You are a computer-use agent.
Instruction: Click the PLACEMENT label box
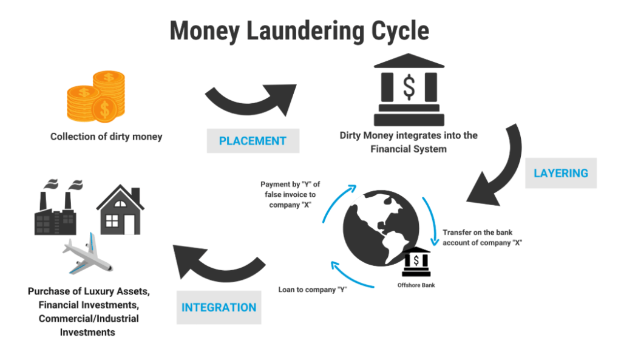click(x=253, y=141)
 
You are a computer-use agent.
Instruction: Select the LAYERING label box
click(x=560, y=173)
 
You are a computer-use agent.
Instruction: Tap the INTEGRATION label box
click(x=219, y=308)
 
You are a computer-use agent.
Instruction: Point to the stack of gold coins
click(x=97, y=97)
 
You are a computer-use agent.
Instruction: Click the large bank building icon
click(x=409, y=91)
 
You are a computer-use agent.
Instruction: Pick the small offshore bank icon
click(x=416, y=261)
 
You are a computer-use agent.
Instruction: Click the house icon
click(x=120, y=209)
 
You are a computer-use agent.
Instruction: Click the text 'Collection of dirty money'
click(x=106, y=137)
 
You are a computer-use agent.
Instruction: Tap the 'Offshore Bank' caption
click(x=416, y=285)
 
